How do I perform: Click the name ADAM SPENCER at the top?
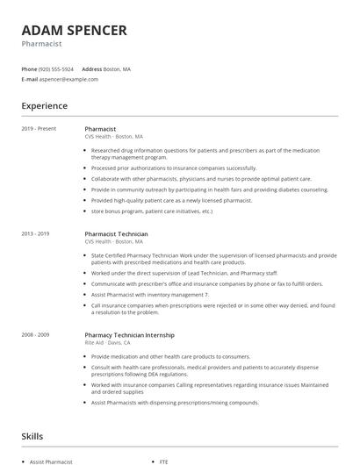(x=74, y=30)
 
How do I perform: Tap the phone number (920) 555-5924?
(x=56, y=68)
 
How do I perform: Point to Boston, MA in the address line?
(x=118, y=68)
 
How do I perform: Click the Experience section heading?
(x=44, y=106)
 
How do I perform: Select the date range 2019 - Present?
(x=39, y=129)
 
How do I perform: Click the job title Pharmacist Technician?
(x=116, y=234)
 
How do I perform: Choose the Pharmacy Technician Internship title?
(x=129, y=334)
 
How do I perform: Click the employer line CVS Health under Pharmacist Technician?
(x=113, y=242)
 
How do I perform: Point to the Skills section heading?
(x=33, y=435)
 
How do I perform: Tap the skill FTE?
(x=163, y=461)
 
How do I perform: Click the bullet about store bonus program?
(x=151, y=211)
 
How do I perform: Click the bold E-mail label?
(x=29, y=79)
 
